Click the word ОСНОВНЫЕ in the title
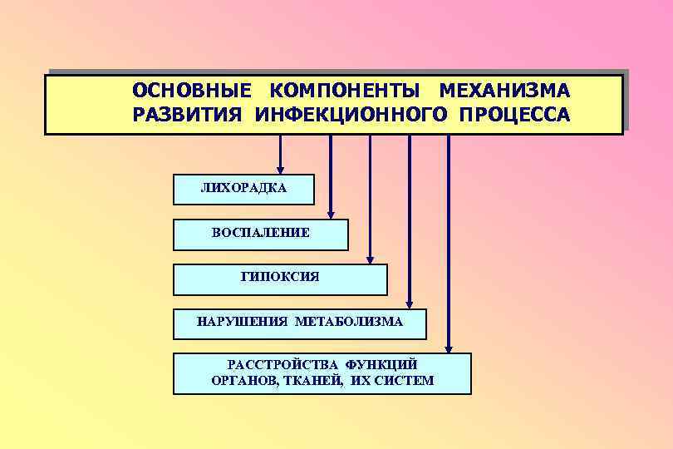pyautogui.click(x=191, y=90)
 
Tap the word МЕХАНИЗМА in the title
pyautogui.click(x=504, y=90)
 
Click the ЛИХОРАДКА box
pyautogui.click(x=243, y=189)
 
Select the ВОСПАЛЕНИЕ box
pyautogui.click(x=260, y=234)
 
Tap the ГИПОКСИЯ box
pyautogui.click(x=280, y=279)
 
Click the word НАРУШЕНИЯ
pyautogui.click(x=241, y=321)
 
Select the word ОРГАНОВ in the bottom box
pyautogui.click(x=242, y=380)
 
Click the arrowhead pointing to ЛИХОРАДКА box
pyautogui.click(x=281, y=169)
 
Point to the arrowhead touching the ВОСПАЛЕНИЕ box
pyautogui.click(x=332, y=214)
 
